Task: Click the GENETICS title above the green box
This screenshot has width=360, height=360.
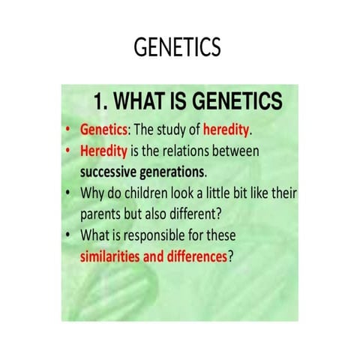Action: pos(177,48)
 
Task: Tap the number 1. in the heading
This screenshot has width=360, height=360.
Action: pos(101,100)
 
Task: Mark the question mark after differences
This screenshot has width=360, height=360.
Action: pos(231,256)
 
